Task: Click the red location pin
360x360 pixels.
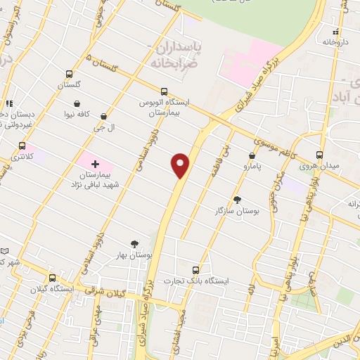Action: click(181, 165)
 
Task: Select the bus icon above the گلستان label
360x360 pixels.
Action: click(69, 74)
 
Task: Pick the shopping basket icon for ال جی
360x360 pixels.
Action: click(104, 117)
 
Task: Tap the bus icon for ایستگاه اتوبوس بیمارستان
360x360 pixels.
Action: click(164, 91)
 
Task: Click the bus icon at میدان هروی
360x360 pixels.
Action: click(319, 155)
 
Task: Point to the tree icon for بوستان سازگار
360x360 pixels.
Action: click(236, 200)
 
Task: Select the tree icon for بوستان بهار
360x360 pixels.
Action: click(134, 244)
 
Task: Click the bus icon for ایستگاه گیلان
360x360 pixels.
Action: click(33, 278)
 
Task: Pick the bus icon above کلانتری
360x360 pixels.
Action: click(21, 146)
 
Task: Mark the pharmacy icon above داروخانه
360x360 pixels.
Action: click(337, 32)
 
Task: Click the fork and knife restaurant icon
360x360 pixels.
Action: click(9, 103)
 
